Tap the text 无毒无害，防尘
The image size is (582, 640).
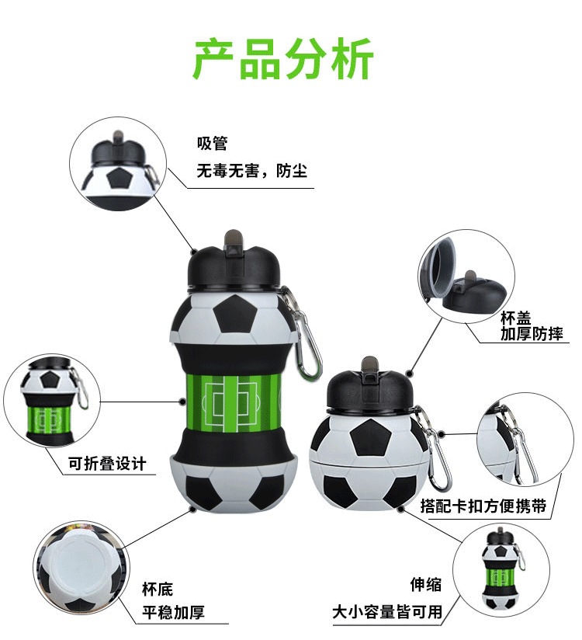click(x=251, y=170)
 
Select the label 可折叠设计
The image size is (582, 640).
click(x=106, y=464)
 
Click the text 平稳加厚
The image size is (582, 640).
click(x=173, y=613)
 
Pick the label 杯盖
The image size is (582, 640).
click(x=517, y=318)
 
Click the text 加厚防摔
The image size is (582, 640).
click(x=532, y=334)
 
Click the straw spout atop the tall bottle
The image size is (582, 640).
click(x=231, y=240)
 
